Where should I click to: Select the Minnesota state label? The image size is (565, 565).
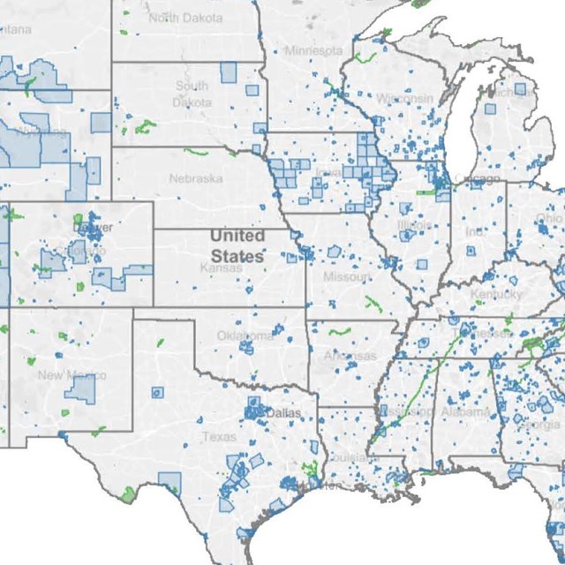(x=313, y=50)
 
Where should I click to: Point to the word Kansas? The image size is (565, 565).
(x=221, y=267)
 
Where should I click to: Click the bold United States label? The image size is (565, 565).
(x=237, y=245)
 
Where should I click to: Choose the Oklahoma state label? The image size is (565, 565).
(x=246, y=335)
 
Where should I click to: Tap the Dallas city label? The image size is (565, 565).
(x=282, y=413)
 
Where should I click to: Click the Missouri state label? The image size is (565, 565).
(x=347, y=277)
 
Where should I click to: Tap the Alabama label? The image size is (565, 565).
(x=465, y=411)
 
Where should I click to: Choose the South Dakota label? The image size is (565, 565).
(x=192, y=94)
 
